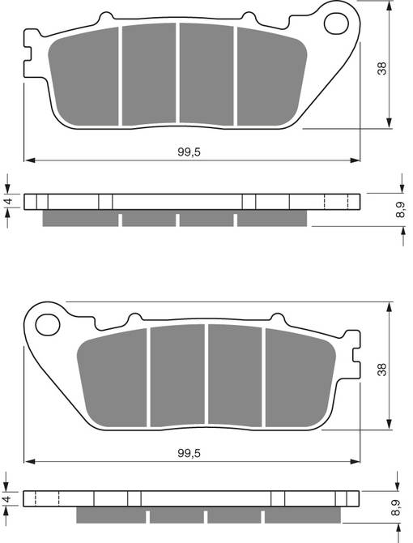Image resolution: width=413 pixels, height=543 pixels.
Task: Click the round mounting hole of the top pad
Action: click(x=334, y=24)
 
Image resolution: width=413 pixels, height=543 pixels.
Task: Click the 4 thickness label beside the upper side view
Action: click(x=7, y=202)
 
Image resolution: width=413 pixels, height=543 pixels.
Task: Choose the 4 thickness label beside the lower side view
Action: click(x=7, y=499)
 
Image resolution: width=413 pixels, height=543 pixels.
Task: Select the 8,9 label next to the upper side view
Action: click(x=400, y=210)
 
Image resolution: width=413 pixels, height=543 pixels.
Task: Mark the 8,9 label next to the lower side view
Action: click(x=400, y=508)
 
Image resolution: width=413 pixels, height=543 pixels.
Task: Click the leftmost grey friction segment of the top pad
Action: click(x=85, y=77)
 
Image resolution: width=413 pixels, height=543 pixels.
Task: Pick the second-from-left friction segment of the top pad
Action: click(x=148, y=74)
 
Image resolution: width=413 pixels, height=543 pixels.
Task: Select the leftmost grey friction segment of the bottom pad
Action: click(x=113, y=377)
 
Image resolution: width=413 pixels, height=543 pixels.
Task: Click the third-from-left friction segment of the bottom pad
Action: click(x=234, y=374)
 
